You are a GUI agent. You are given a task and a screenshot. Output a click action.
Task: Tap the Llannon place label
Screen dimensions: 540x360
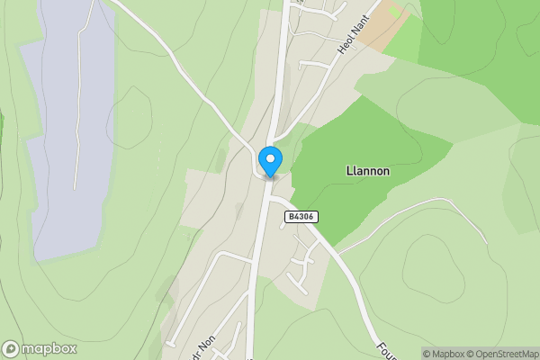[367, 170]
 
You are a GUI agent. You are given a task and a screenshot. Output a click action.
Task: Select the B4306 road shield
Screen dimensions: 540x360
[302, 217]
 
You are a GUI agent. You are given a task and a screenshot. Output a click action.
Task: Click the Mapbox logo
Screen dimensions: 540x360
[40, 348]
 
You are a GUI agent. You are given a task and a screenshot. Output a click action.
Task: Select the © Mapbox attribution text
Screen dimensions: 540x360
[445, 354]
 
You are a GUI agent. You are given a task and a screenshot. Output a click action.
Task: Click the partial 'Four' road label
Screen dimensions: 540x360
[386, 347]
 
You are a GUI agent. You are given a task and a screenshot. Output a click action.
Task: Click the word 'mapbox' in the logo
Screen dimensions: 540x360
[50, 348]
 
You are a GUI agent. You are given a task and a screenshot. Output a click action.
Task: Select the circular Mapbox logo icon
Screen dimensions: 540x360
[12, 348]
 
